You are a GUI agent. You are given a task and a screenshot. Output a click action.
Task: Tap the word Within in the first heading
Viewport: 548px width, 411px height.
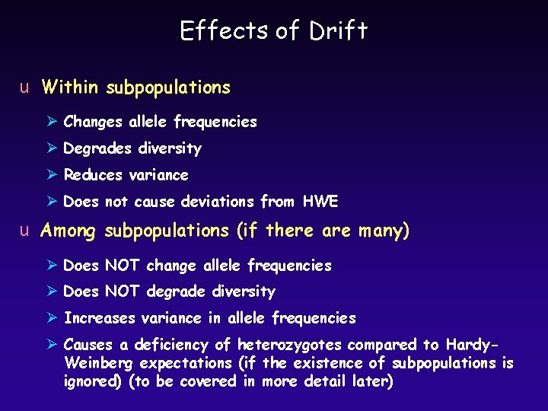tap(70, 88)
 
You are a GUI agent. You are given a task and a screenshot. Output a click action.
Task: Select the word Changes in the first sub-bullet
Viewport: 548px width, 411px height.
tap(94, 122)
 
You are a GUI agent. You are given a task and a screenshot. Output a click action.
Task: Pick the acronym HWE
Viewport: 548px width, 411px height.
tap(320, 202)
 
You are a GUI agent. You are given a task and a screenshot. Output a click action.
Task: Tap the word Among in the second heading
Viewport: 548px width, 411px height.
tap(69, 231)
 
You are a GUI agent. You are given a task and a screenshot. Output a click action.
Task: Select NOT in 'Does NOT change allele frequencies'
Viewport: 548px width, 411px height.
tap(122, 266)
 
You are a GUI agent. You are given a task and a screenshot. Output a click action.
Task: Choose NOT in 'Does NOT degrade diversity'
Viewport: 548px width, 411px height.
tap(122, 292)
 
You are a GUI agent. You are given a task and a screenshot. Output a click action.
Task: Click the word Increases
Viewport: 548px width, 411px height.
tap(100, 318)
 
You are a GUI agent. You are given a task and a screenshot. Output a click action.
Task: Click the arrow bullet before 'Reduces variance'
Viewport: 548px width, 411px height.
tap(51, 175)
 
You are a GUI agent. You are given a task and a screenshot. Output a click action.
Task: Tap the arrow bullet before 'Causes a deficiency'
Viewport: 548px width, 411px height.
tap(51, 345)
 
